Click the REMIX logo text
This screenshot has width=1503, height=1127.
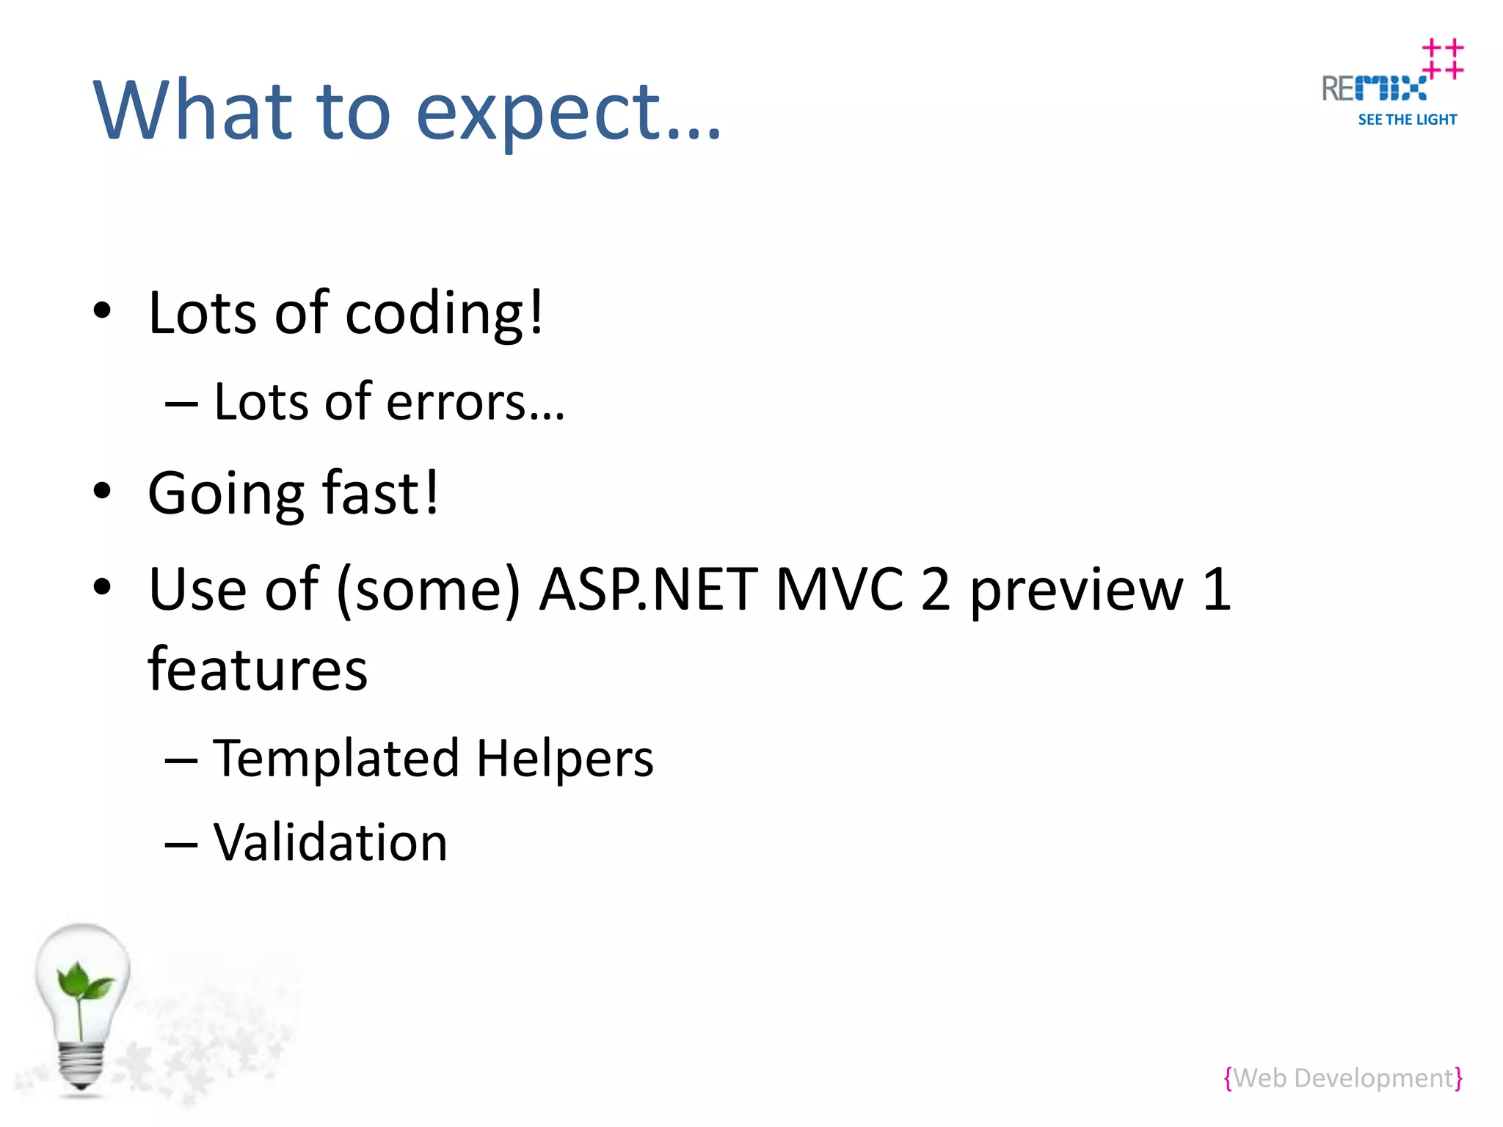coord(1374,89)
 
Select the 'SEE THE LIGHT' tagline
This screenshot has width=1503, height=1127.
coord(1407,120)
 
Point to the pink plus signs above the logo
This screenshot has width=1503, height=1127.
coord(1442,59)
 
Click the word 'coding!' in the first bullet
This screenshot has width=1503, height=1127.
coord(444,314)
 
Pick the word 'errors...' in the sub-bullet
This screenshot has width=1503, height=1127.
coord(476,403)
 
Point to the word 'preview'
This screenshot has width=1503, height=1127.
coord(1077,591)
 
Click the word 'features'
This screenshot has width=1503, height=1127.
coord(258,670)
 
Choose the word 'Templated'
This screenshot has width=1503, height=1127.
coord(335,759)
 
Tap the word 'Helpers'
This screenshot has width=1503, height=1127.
coord(564,759)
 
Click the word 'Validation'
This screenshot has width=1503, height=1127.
coord(330,842)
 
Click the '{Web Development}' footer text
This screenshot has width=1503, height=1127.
coord(1342,1078)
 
